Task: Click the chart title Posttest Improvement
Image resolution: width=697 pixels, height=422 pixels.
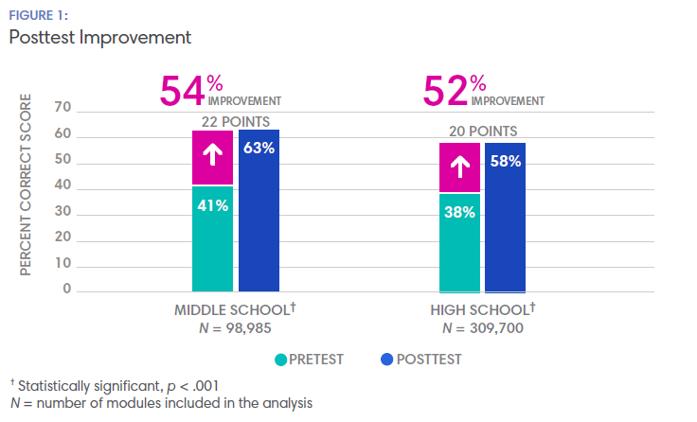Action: point(99,38)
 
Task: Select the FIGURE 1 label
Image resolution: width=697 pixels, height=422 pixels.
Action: point(39,14)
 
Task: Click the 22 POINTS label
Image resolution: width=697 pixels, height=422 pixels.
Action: point(235,121)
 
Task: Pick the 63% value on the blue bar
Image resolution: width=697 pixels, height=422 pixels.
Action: point(259,148)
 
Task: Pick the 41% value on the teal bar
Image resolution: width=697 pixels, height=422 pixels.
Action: point(213,205)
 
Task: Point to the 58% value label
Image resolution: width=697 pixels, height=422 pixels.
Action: point(505,161)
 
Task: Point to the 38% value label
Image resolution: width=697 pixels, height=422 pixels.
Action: point(458,213)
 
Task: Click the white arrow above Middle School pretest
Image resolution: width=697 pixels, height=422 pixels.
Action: point(212,157)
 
